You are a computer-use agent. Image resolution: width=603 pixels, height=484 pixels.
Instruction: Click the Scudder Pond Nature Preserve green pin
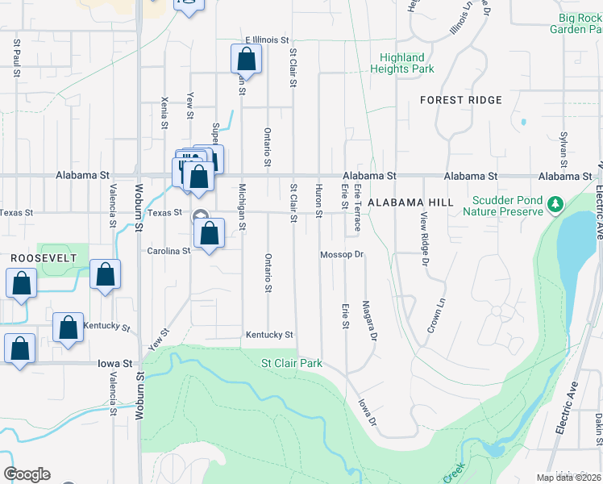[555, 204]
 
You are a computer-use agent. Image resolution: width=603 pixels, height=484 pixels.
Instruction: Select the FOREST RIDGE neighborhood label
[461, 100]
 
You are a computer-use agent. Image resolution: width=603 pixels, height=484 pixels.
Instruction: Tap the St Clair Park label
[292, 363]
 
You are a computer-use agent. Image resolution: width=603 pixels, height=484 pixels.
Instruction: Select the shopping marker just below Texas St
[209, 234]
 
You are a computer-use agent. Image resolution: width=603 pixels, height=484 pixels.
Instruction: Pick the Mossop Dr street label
[343, 254]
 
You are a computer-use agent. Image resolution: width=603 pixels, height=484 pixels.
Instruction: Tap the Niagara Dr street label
[370, 321]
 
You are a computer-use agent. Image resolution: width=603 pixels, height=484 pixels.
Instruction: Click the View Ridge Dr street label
[423, 240]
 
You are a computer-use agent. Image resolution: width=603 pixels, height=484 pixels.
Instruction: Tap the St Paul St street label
[16, 56]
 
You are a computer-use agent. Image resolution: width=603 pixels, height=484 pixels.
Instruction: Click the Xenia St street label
[164, 112]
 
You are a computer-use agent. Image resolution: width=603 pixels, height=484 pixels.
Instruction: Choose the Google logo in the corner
[27, 474]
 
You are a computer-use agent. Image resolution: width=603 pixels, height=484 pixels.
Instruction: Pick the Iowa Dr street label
[367, 411]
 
